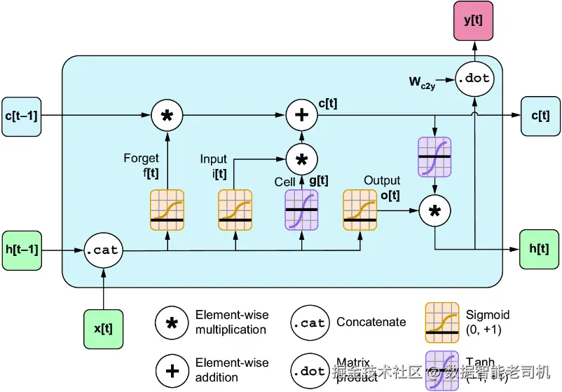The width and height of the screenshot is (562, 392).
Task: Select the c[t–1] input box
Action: click(20, 115)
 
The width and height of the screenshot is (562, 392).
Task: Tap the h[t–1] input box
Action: click(21, 249)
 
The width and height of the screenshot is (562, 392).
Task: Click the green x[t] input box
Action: click(102, 329)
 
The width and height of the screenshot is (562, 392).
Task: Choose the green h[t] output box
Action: click(539, 249)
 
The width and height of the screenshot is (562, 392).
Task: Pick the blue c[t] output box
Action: click(540, 115)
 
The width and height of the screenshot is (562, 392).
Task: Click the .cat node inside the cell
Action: click(102, 250)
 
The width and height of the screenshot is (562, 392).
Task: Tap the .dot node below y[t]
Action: click(473, 79)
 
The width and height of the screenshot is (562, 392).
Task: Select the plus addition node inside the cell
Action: click(302, 115)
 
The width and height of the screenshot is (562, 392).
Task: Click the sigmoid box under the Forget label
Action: click(167, 210)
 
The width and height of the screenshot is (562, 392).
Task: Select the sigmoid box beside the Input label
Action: click(235, 210)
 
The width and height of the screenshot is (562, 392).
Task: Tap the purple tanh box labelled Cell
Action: click(302, 210)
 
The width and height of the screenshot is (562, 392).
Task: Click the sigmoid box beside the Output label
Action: click(360, 210)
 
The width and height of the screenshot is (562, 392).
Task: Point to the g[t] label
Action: click(319, 181)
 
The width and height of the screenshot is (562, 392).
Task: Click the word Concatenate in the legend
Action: click(371, 322)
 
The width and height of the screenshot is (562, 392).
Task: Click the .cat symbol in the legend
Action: click(309, 323)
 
